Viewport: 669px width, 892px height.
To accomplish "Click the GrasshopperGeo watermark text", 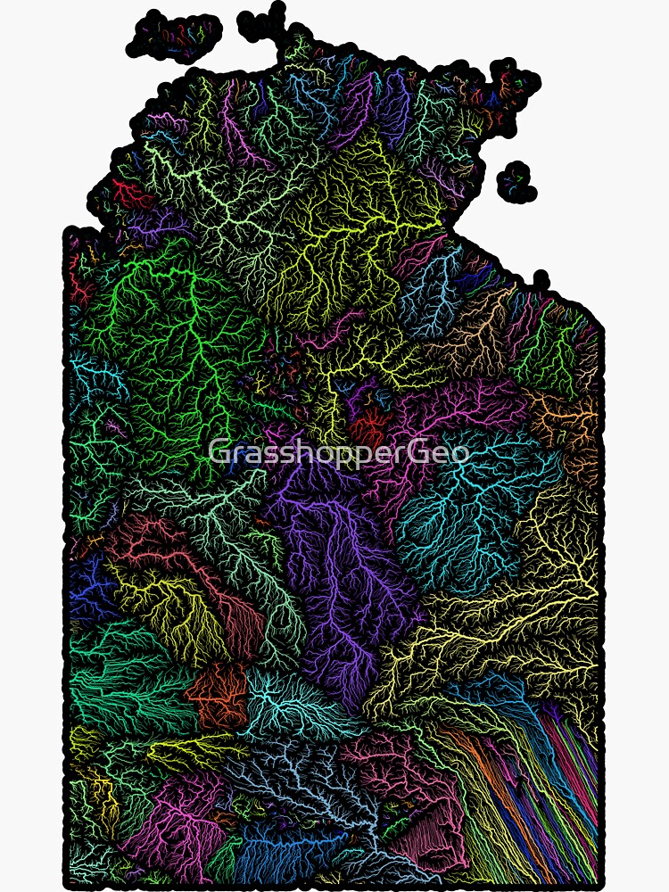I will pyautogui.click(x=339, y=452).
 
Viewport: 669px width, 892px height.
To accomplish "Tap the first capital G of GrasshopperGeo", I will pyautogui.click(x=219, y=452).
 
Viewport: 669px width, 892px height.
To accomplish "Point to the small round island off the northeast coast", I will pyautogui.click(x=516, y=181).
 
